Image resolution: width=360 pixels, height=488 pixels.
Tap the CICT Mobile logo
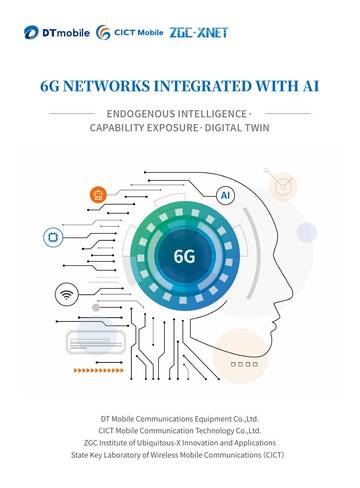pos(131,33)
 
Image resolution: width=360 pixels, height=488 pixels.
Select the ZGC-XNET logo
pos(199,33)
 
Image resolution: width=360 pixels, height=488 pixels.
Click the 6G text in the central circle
pos(184,256)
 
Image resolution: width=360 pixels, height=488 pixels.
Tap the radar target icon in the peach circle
pos(283,186)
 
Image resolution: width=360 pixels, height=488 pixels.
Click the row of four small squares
pos(241,366)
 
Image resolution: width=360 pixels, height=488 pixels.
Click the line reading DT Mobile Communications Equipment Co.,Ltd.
pos(180,418)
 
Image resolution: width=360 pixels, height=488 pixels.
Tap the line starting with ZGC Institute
pos(180,441)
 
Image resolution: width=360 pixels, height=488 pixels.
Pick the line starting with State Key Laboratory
pos(180,453)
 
